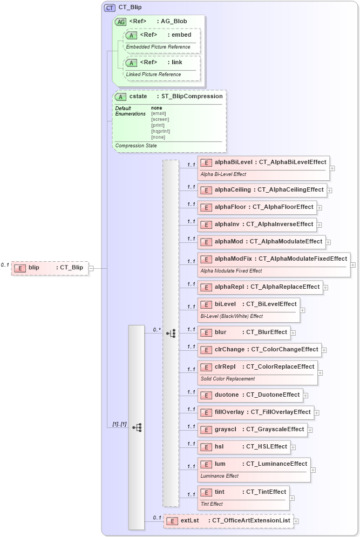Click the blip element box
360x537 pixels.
50,268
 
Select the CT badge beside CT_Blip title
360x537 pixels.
110,8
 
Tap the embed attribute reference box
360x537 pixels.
162,40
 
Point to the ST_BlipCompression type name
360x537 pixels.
192,96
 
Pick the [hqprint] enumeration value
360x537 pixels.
160,131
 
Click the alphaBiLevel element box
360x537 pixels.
263,167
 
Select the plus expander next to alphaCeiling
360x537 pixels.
329,191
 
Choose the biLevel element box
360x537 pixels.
248,309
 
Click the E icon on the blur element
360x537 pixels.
206,332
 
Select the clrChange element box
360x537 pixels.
260,350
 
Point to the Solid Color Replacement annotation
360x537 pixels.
227,378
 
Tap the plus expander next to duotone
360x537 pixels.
305,396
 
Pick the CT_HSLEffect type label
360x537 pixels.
267,446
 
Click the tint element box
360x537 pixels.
243,497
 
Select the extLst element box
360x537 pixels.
228,521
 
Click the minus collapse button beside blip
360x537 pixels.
91,268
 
